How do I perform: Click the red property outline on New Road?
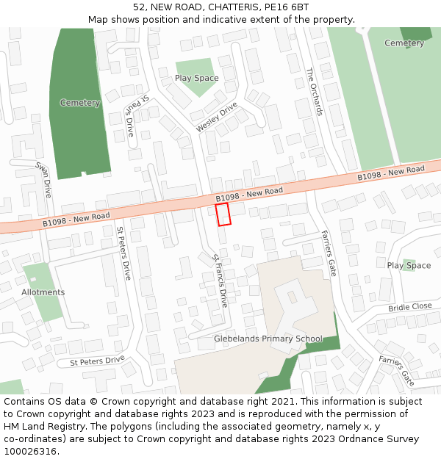click(x=223, y=214)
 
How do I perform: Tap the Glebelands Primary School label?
click(x=268, y=339)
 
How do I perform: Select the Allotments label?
click(x=43, y=292)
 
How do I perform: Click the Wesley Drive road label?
click(x=217, y=118)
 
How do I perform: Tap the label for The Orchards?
click(x=314, y=92)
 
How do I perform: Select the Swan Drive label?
click(x=43, y=179)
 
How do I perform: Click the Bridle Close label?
click(x=410, y=306)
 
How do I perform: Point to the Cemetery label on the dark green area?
click(x=79, y=103)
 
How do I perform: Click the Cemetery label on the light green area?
click(x=404, y=43)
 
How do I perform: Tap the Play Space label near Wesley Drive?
click(x=196, y=78)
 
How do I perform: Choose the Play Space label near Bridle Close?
click(x=409, y=265)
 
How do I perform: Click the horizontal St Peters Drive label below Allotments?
click(x=97, y=361)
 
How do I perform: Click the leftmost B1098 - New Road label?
click(x=76, y=219)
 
